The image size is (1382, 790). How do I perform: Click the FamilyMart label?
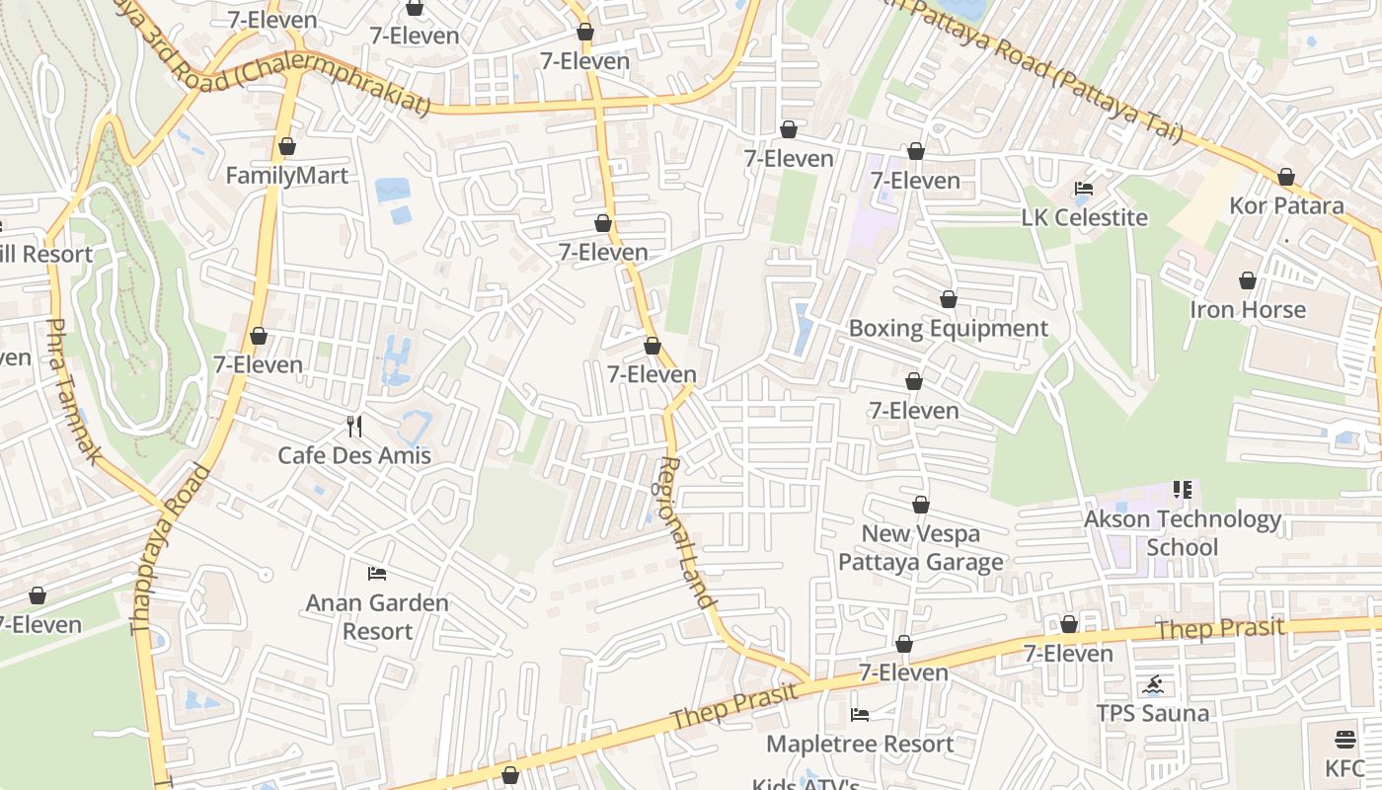286,176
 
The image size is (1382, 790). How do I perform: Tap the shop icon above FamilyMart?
287,147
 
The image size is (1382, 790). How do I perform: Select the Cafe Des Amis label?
354,455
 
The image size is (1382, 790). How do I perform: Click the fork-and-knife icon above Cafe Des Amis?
354,427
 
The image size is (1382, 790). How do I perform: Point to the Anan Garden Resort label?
377,616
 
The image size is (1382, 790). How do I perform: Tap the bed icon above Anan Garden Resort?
376,573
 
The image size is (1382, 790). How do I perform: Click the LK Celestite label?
1084,217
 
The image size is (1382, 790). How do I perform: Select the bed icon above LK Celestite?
1084,189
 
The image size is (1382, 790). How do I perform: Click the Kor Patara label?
1286,206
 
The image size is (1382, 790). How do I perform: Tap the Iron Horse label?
1247,309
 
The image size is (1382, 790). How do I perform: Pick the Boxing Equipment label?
948,328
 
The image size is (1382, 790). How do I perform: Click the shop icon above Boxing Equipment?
948,299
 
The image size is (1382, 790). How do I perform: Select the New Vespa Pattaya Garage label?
920,547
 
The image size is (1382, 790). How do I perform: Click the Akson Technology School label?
1182,532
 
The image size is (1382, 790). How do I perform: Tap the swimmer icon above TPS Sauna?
1153,684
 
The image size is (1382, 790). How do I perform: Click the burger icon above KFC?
1344,740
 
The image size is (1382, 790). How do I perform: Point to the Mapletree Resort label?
859,743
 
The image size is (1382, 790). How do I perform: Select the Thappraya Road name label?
170,549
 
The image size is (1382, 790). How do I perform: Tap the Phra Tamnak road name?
73,391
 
